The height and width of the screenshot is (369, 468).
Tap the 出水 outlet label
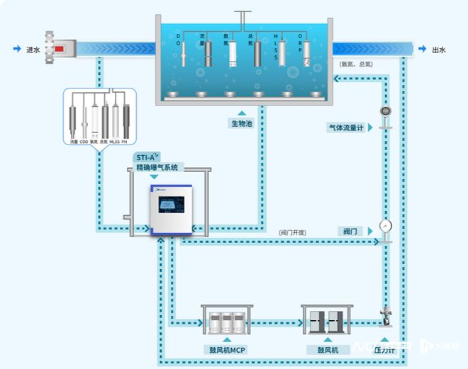(439, 50)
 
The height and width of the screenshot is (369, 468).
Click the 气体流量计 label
(345, 128)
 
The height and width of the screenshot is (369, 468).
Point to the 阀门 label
(352, 231)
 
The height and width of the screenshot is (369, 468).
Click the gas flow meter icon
(386, 112)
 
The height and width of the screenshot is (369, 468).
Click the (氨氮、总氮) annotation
(357, 64)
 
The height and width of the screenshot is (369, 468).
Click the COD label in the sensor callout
(84, 142)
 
